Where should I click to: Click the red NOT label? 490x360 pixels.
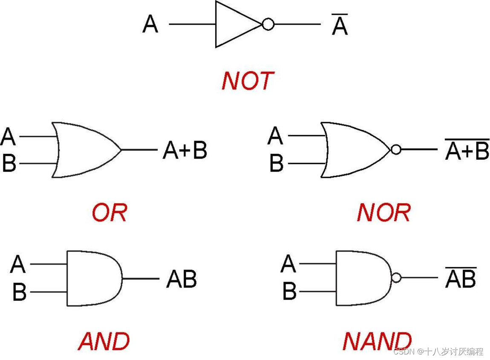[248, 81]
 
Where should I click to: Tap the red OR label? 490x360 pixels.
[110, 213]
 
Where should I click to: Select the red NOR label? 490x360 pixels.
[383, 213]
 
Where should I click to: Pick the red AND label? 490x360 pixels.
[104, 341]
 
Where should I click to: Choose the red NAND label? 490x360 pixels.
[377, 341]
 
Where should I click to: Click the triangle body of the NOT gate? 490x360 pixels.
[234, 24]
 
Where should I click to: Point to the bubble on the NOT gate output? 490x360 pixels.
[268, 24]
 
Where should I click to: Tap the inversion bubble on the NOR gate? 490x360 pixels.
[396, 150]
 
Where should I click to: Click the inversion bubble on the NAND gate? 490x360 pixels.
[396, 278]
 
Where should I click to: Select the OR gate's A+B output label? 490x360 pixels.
[185, 151]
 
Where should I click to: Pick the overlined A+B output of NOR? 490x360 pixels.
[467, 151]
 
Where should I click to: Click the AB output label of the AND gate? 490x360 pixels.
[182, 279]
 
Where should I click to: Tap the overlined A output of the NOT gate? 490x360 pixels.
[340, 26]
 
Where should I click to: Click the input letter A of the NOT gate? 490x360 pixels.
[150, 24]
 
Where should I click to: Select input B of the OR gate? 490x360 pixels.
[9, 164]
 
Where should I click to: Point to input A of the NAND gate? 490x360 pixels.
[288, 264]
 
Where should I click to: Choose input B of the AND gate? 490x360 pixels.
[20, 292]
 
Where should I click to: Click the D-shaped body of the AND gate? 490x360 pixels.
[92, 278]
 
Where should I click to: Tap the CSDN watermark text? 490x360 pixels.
[438, 351]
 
